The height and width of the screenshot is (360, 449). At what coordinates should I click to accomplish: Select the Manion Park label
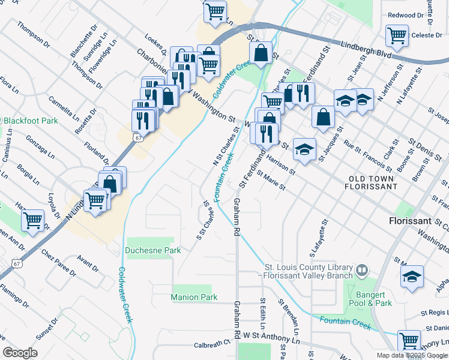point(193,297)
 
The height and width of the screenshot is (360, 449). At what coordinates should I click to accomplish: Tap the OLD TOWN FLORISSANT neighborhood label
point(372,182)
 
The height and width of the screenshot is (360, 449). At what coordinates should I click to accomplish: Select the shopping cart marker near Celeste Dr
point(397,36)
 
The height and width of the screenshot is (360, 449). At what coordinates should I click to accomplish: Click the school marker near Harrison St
point(305,150)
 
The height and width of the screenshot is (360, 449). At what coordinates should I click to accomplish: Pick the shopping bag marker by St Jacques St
point(324,118)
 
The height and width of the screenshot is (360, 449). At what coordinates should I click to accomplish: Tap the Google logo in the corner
point(20,353)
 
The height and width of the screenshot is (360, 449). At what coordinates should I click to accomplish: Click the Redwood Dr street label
point(406,15)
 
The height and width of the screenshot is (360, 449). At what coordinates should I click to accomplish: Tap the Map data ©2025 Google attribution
point(411,355)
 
